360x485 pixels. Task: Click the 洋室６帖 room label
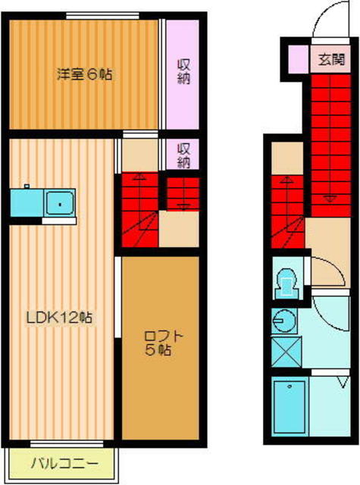(84, 74)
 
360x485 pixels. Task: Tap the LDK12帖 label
(59, 318)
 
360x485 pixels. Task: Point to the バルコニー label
(64, 464)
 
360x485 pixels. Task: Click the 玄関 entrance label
(331, 59)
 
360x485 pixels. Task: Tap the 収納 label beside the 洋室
(183, 71)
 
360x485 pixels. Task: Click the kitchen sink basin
(60, 203)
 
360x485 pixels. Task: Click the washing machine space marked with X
(286, 352)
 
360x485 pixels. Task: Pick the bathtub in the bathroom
(290, 406)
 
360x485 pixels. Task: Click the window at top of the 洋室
(102, 15)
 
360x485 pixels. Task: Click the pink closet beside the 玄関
(299, 59)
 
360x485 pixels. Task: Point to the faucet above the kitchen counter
(27, 186)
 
